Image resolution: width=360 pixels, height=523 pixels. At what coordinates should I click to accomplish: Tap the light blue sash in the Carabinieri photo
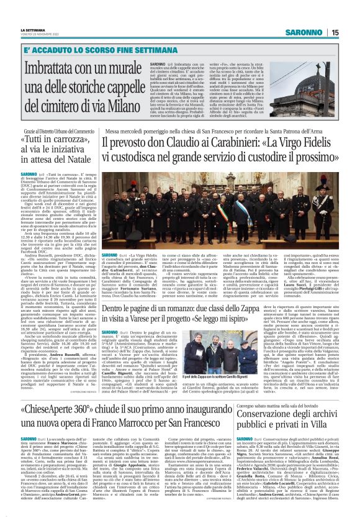(205, 214)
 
